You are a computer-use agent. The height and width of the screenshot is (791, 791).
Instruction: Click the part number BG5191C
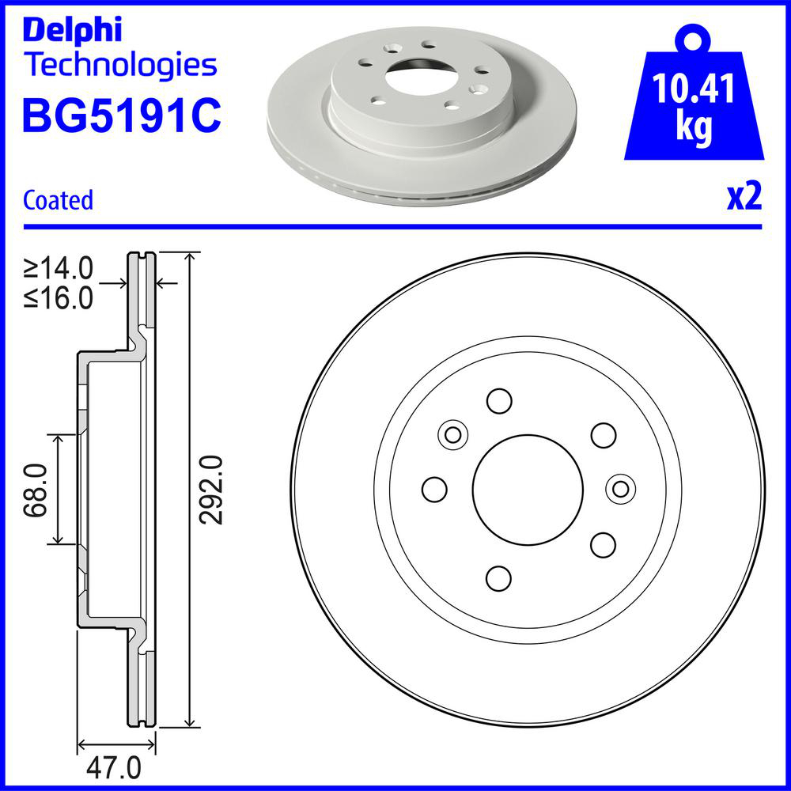tap(122, 115)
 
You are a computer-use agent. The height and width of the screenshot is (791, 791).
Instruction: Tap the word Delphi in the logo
tap(73, 31)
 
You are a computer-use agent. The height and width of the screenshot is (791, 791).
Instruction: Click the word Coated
tap(58, 200)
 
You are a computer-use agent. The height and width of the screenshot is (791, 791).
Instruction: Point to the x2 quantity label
tap(744, 197)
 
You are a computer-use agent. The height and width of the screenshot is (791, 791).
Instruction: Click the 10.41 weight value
tap(694, 89)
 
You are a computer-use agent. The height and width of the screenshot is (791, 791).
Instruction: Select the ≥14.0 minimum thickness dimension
tap(59, 268)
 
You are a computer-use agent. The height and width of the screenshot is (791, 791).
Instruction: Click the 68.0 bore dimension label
tap(36, 490)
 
